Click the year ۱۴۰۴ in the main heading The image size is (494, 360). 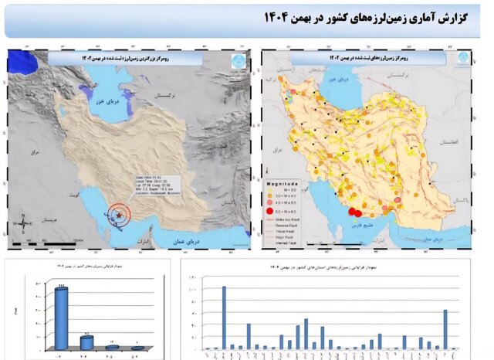[282, 17]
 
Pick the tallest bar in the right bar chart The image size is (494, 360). [224, 318]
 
